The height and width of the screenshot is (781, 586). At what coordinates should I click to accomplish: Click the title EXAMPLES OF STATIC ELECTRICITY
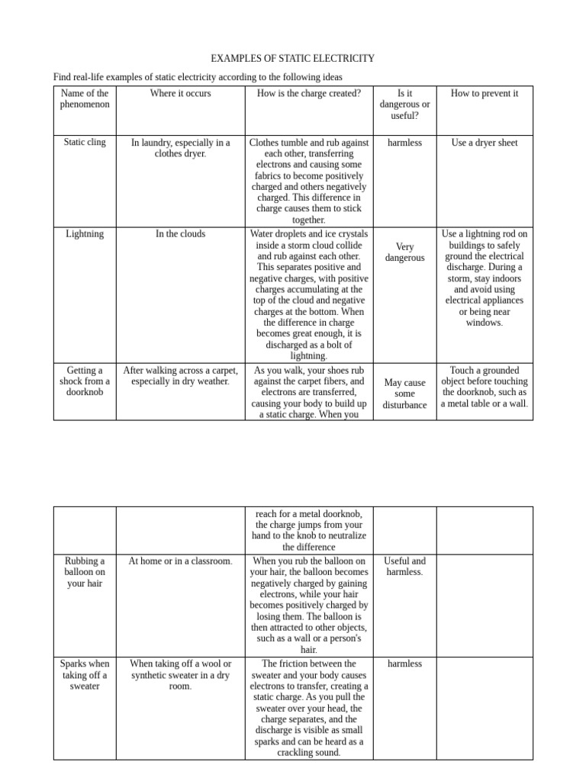coord(292,58)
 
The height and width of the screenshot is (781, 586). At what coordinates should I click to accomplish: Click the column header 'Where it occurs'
coord(180,93)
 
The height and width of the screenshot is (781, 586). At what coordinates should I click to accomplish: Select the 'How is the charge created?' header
coord(308,93)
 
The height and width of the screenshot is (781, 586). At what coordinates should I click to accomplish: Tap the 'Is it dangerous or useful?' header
coord(404,104)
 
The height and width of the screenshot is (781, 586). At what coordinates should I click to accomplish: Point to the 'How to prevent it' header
coord(484,93)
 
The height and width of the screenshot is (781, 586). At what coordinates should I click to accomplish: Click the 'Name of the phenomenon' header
coord(85,98)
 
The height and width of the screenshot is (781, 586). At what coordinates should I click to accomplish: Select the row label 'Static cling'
coord(85,142)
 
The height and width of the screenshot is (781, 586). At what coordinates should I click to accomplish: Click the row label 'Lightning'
coord(85,233)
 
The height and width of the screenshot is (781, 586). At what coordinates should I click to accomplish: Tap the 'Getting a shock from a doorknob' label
coord(85,381)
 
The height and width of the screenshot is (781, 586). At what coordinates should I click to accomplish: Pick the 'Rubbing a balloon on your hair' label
coord(85,572)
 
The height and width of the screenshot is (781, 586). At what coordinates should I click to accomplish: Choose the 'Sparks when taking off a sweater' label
coord(85,675)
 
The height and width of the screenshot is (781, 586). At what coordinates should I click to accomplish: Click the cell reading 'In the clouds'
coord(180,233)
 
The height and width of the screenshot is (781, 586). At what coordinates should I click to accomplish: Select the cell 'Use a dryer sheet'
coord(484,143)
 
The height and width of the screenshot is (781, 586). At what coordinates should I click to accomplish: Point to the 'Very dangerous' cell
coord(404,252)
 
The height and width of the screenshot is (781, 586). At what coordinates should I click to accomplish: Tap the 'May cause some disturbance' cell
coord(404,394)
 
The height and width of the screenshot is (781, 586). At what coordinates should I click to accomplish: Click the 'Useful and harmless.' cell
coord(404,566)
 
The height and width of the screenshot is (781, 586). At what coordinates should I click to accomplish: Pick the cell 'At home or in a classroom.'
coord(180,561)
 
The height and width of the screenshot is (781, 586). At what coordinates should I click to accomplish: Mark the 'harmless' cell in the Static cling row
coord(404,143)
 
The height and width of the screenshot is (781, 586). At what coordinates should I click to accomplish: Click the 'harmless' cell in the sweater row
coord(404,664)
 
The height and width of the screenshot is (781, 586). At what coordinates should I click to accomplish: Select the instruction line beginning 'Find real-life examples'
coord(197,77)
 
